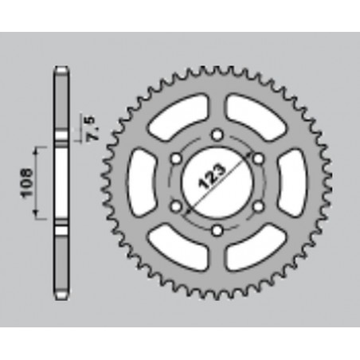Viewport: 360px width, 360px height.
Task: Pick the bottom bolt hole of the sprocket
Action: tap(217, 231)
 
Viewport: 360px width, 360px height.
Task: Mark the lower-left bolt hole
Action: tap(174, 207)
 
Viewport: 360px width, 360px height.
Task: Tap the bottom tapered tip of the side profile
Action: tap(61, 295)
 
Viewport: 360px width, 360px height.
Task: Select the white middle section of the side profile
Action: tap(61, 182)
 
